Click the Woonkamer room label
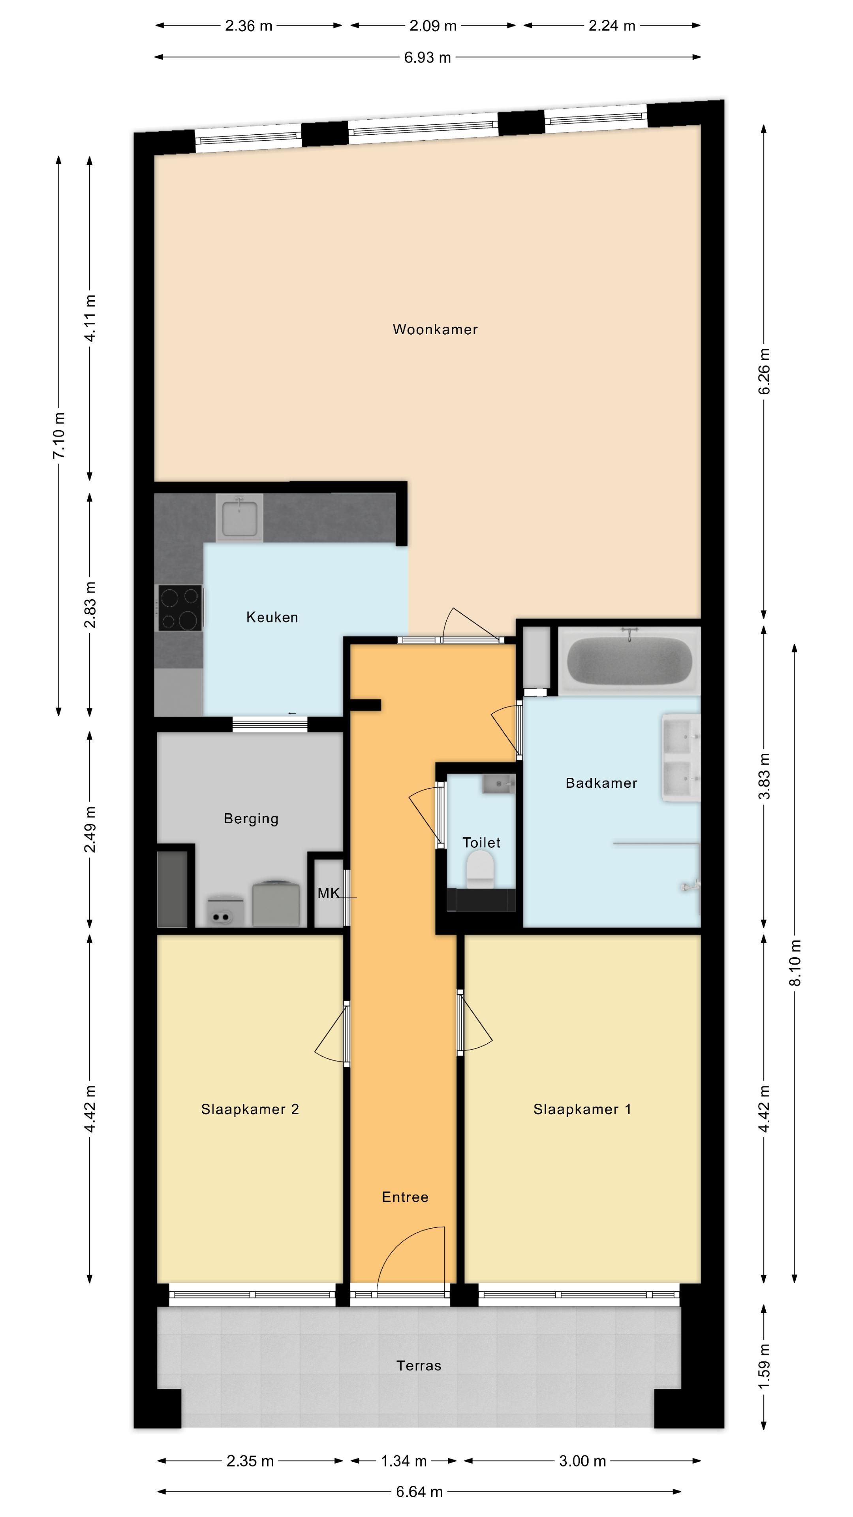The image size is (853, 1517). coord(435,329)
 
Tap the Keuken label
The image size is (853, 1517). coord(272,617)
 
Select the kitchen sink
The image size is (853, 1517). coord(239,518)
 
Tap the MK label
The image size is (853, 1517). coord(329,893)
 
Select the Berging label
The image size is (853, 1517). coord(251,819)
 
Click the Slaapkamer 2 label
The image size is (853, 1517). coord(250,1109)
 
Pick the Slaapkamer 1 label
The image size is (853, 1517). coord(582,1109)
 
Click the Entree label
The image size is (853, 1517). coord(405,1197)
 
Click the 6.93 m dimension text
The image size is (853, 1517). coord(427,58)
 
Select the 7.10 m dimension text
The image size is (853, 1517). coord(59,436)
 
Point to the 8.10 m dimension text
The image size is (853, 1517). coord(795,963)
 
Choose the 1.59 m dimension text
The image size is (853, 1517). coord(764,1367)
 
